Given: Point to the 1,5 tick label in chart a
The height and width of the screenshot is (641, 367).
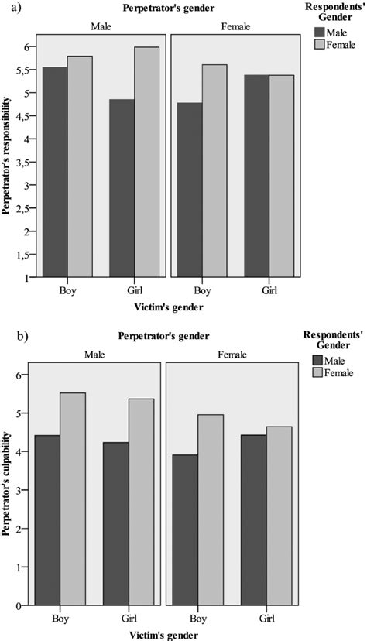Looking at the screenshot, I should pos(26,254).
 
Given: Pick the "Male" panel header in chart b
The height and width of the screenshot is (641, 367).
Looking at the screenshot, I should pos(96,355).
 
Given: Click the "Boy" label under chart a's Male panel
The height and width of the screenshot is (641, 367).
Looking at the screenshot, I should pos(67,290).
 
